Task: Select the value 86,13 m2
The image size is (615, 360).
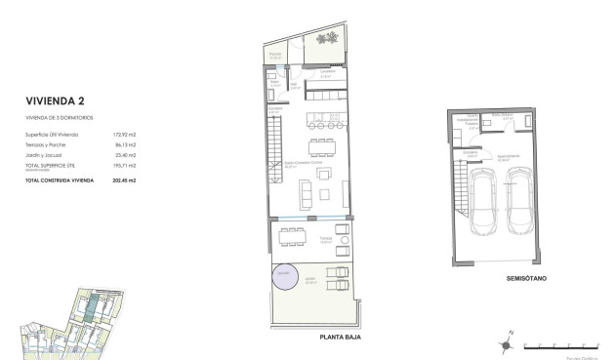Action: [124, 144]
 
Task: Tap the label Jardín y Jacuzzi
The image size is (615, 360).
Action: [45, 155]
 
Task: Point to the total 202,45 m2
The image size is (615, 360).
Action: [123, 180]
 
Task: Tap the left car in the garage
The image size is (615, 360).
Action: [485, 202]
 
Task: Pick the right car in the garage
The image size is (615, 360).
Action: [518, 202]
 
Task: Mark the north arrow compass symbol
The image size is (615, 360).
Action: [508, 340]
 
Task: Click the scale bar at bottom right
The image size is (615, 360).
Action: [562, 345]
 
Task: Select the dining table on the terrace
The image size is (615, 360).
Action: [290, 237]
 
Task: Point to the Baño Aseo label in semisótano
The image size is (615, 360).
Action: [503, 115]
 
